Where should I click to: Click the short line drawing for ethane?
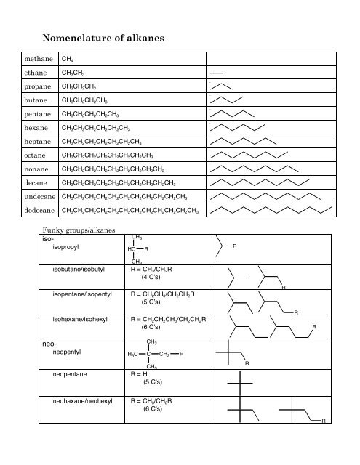click(x=216, y=73)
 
